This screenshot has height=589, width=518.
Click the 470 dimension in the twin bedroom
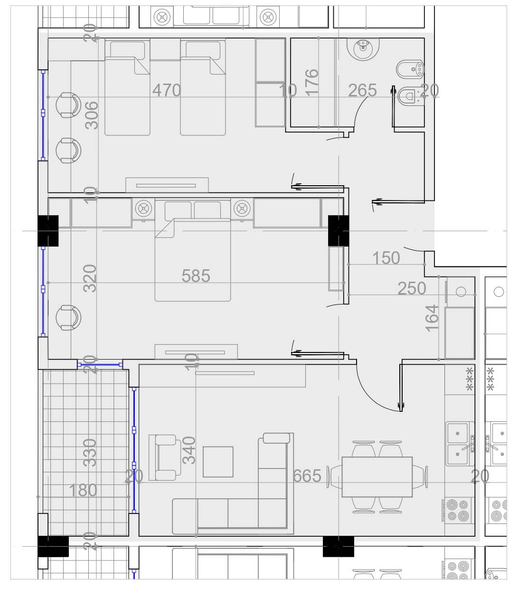pos(167,90)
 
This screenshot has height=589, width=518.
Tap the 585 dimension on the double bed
pos(196,275)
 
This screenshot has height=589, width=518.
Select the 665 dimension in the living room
pos(307,476)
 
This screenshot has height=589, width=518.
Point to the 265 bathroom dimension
pos(362,90)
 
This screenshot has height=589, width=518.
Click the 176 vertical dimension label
pos(312,83)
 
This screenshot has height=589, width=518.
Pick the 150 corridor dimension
pos(386,258)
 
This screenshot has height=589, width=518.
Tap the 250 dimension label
pos(412,288)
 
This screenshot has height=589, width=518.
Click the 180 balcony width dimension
pos(83,491)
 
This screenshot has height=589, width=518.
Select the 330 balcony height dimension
pos(90,453)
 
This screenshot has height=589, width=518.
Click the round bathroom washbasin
pos(363,48)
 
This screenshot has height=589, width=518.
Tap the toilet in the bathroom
pos(410,96)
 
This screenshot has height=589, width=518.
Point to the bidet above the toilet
pos(410,69)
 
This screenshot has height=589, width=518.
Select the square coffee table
pos(218,462)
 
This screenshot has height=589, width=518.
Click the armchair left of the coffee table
pos(165,457)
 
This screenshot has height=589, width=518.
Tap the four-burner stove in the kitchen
pos(458,510)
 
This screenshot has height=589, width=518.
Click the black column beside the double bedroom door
pos(339,231)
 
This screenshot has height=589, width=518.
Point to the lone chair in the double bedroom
pos(68,318)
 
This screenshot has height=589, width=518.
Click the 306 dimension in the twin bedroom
pos(92,115)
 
